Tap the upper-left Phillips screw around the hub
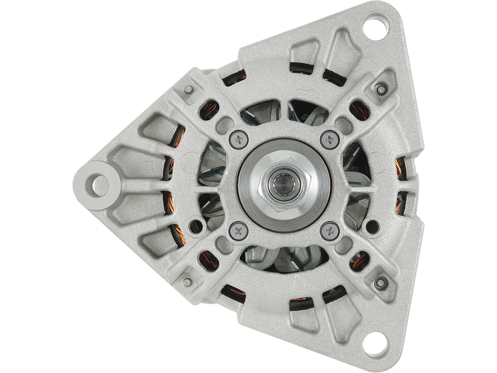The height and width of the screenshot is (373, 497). point(238,139)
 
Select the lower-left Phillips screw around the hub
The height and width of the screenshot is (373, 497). point(237,231)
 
